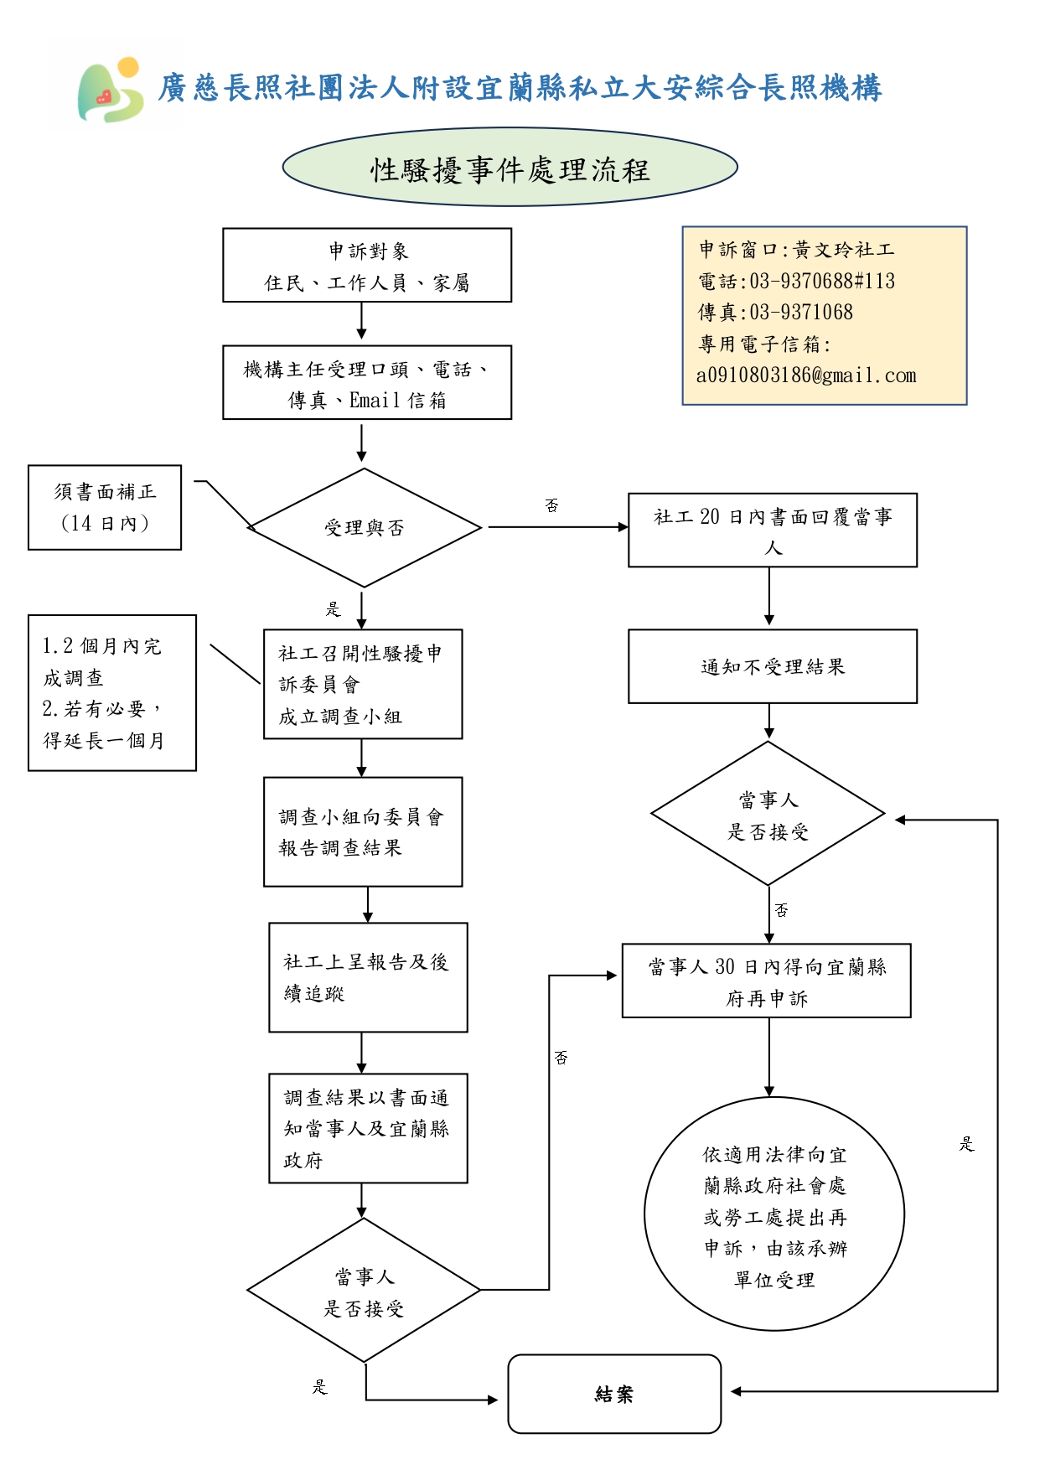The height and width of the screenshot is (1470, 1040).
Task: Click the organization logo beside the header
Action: [x=111, y=91]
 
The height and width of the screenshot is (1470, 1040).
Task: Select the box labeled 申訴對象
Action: [x=367, y=266]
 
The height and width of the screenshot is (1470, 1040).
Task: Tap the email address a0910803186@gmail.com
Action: [x=806, y=375]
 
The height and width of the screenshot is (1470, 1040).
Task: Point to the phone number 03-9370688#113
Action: [x=821, y=281]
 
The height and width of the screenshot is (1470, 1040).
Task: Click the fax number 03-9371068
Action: [x=800, y=313]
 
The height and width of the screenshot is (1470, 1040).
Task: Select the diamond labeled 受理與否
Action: [x=364, y=528]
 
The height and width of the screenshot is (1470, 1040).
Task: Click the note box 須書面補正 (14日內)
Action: [x=105, y=508]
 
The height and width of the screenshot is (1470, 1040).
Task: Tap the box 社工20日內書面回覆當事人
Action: [x=772, y=531]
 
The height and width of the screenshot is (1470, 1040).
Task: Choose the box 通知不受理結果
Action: [x=772, y=667]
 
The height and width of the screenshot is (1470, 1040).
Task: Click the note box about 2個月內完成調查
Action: [x=112, y=693]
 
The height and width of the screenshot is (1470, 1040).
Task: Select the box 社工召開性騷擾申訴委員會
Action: [x=363, y=685]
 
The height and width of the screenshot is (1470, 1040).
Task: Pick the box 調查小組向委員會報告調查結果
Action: [x=363, y=832]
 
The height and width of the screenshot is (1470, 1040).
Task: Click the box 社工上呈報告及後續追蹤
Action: [x=368, y=978]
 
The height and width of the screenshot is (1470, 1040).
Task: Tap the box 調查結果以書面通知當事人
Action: [x=368, y=1129]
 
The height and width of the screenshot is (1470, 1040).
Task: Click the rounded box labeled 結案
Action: [x=614, y=1395]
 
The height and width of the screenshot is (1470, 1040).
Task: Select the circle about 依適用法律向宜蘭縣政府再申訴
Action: [x=774, y=1214]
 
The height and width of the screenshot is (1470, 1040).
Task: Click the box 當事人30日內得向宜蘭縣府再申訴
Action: [x=766, y=981]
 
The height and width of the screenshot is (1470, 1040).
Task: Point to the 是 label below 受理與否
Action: [x=334, y=609]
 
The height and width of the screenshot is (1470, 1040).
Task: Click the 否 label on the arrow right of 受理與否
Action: [x=551, y=505]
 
